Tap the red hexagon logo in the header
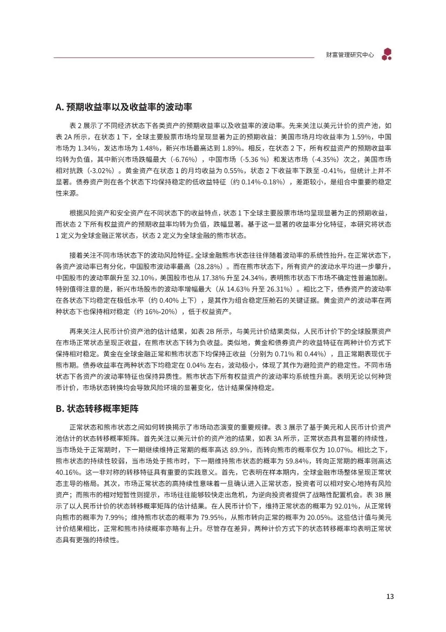pyautogui.click(x=387, y=54)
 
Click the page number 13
pyautogui.click(x=390, y=597)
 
